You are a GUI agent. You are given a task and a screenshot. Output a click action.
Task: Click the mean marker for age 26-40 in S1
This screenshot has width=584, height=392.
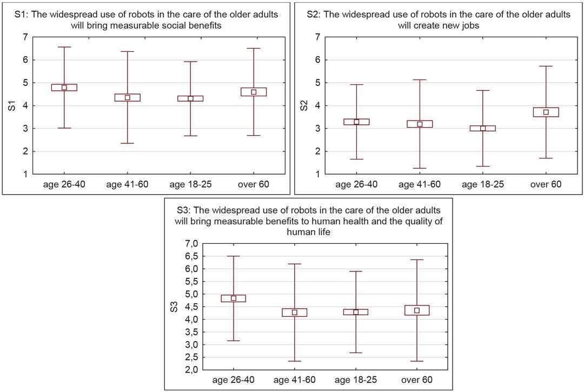(x=64, y=88)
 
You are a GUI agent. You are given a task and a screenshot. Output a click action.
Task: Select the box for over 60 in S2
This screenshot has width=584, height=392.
(x=546, y=112)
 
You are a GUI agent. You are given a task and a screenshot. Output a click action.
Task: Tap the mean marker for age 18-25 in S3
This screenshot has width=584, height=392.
(x=356, y=312)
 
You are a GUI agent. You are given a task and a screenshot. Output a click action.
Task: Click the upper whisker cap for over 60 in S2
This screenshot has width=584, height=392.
(x=546, y=66)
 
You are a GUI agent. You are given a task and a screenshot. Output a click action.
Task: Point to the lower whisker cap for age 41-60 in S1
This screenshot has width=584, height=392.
(x=127, y=143)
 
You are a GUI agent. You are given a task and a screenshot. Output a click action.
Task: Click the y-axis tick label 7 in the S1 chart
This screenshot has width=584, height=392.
(x=25, y=37)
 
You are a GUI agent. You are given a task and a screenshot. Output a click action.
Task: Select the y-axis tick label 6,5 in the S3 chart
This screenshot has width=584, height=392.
(x=191, y=256)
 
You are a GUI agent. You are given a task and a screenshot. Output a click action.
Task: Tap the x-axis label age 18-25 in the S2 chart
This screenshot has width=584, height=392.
(x=483, y=185)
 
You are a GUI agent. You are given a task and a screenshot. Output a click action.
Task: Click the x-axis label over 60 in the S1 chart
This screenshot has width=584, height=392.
(x=254, y=185)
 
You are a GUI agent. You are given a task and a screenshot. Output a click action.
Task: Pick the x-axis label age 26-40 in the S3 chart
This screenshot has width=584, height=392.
(x=234, y=380)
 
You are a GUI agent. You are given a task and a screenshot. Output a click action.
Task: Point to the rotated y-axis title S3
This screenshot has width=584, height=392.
(x=174, y=307)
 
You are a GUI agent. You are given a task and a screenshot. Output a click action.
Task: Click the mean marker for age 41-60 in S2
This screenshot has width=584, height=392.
(x=420, y=124)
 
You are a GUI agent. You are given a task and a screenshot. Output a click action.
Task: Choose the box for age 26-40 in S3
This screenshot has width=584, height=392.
(x=234, y=298)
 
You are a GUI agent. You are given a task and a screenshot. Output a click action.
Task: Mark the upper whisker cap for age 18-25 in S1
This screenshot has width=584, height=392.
(x=190, y=62)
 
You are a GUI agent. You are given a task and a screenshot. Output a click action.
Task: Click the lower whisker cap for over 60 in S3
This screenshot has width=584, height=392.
(x=417, y=361)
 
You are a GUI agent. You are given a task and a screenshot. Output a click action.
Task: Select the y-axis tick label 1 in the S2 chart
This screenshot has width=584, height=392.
(x=317, y=175)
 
